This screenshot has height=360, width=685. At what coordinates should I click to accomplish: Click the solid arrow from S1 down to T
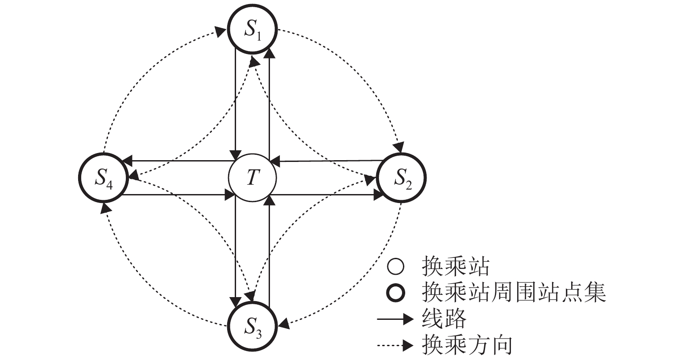(x=236, y=103)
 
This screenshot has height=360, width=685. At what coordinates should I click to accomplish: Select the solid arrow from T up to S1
(x=269, y=103)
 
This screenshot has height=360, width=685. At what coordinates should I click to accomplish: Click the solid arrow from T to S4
(x=179, y=161)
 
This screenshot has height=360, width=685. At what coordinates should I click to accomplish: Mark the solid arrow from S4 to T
(x=179, y=195)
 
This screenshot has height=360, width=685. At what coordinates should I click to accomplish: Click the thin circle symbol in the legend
(x=396, y=268)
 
